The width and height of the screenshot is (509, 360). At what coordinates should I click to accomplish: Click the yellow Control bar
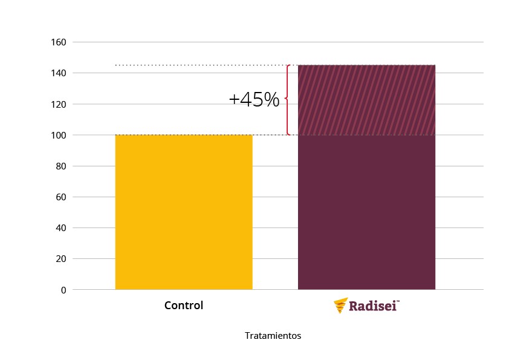pyautogui.click(x=184, y=212)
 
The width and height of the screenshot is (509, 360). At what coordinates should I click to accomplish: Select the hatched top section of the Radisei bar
pyautogui.click(x=366, y=100)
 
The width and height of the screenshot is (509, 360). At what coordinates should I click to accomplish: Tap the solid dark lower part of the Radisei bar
pyautogui.click(x=366, y=212)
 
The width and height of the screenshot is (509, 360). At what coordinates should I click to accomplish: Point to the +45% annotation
pyautogui.click(x=254, y=99)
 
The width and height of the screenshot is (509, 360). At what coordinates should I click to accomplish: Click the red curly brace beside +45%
pyautogui.click(x=288, y=100)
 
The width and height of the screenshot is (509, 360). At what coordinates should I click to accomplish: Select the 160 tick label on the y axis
pyautogui.click(x=59, y=42)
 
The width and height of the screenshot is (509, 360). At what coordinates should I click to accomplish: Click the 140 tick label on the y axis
pyautogui.click(x=59, y=73)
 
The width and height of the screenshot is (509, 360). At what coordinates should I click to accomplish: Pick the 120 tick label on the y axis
pyautogui.click(x=59, y=104)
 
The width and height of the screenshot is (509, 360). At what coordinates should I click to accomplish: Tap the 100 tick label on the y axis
pyautogui.click(x=59, y=135)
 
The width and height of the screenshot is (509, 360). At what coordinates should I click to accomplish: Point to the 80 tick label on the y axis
pyautogui.click(x=61, y=166)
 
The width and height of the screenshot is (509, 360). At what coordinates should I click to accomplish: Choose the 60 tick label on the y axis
pyautogui.click(x=61, y=197)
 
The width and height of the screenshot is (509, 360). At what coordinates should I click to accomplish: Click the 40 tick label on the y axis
pyautogui.click(x=61, y=227)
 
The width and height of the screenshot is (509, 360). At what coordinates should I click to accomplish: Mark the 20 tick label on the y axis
pyautogui.click(x=61, y=259)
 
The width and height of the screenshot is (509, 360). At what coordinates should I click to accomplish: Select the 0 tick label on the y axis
pyautogui.click(x=63, y=290)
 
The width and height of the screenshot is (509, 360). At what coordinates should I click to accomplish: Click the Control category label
pyautogui.click(x=184, y=306)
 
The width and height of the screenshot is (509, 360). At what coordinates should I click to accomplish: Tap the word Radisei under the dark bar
pyautogui.click(x=372, y=306)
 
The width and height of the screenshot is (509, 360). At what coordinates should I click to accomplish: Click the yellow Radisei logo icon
pyautogui.click(x=341, y=306)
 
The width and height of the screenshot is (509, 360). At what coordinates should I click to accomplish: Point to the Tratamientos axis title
pyautogui.click(x=273, y=336)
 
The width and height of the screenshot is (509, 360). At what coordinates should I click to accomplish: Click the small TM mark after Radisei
pyautogui.click(x=398, y=301)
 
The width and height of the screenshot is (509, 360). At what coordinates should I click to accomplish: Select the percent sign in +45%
pyautogui.click(x=271, y=99)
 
